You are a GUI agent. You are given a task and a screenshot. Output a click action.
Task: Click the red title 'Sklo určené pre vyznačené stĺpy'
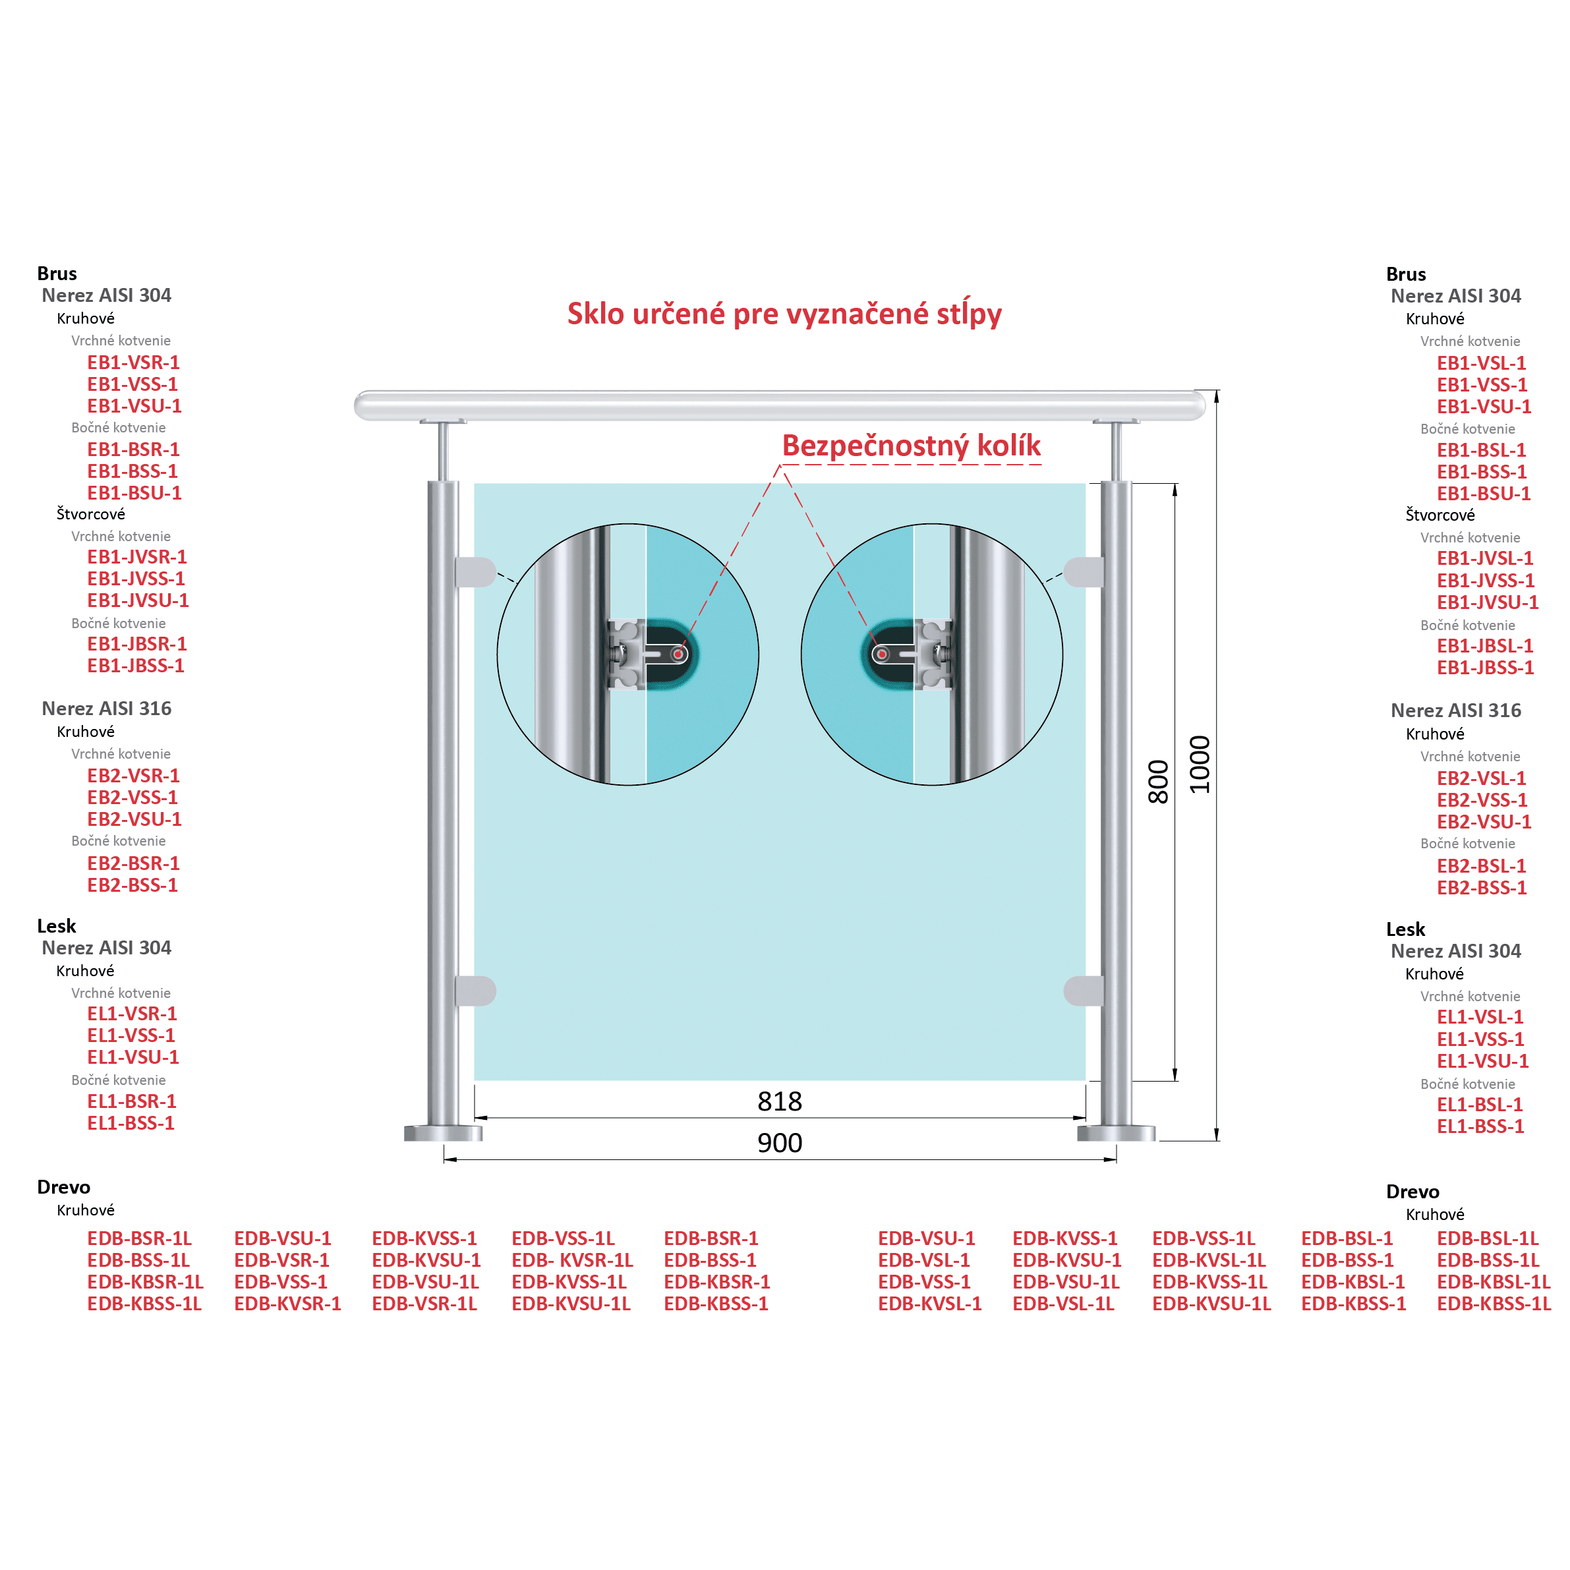784,314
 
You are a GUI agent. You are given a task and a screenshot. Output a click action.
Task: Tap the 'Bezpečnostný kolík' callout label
911,446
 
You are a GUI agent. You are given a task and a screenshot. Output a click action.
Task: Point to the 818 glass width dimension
779,1101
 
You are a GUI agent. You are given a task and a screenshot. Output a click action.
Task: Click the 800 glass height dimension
1158,782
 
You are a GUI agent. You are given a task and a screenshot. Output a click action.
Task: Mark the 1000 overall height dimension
1200,765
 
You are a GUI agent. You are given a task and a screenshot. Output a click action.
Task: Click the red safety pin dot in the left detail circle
678,654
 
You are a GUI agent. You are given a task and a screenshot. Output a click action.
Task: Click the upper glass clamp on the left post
475,572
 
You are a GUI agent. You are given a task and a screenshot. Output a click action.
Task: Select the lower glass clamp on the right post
1083,991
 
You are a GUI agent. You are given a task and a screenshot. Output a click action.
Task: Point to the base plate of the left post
443,1133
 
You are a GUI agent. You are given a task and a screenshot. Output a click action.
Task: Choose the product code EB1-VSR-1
133,363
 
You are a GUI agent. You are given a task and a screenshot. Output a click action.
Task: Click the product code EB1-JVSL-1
1485,558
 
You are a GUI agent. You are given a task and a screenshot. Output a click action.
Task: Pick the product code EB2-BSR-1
133,863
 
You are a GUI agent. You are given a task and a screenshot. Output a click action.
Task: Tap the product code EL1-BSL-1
1480,1105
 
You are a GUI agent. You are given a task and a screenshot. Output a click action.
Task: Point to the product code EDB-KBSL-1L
1494,1281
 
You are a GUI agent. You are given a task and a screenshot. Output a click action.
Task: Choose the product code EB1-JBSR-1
137,643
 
